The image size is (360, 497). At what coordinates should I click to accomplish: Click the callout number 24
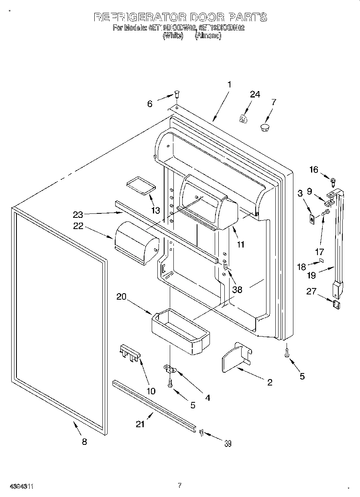[255, 95]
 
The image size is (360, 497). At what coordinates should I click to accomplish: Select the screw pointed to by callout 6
[177, 95]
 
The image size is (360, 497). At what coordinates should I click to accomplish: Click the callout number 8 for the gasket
[84, 442]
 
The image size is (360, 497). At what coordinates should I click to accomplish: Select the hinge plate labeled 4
[170, 368]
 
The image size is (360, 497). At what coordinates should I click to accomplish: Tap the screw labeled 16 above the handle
[333, 181]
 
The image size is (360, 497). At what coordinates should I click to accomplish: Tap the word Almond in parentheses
[208, 36]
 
